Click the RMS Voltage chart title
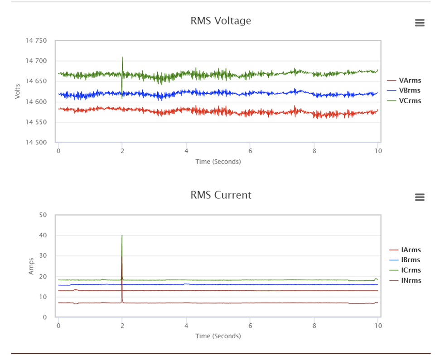(x=221, y=21)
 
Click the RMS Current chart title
(x=221, y=195)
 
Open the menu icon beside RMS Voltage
(x=420, y=23)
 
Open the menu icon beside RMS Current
(x=420, y=197)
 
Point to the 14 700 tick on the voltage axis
(x=36, y=61)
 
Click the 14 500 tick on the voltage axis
(x=36, y=142)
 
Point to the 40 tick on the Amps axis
(x=43, y=235)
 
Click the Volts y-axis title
(x=18, y=91)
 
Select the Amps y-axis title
(x=31, y=266)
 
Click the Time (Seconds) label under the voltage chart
(x=218, y=162)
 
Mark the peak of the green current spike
(x=122, y=235)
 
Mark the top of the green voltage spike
(x=122, y=57)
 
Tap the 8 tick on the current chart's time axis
(x=314, y=326)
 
